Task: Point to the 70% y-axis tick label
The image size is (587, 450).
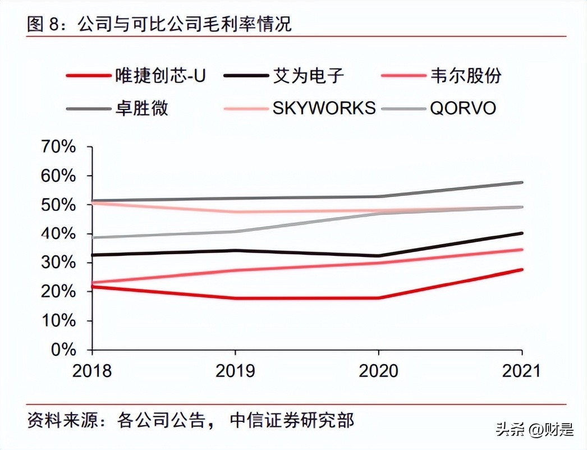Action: click(x=57, y=147)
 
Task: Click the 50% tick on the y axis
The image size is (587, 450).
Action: click(x=57, y=205)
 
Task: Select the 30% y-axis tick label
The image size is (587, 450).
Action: click(x=57, y=263)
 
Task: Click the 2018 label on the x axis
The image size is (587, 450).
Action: click(x=92, y=371)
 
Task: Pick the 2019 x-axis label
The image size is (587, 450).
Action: click(x=235, y=371)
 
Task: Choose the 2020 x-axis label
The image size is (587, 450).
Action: click(x=378, y=371)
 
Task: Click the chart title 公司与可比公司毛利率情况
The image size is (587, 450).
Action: click(x=185, y=25)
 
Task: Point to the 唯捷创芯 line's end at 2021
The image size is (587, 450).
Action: click(x=522, y=270)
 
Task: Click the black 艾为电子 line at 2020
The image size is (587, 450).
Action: click(x=379, y=256)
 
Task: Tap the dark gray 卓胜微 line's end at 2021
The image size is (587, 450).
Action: click(x=522, y=182)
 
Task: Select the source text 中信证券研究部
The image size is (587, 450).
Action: click(x=292, y=420)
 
